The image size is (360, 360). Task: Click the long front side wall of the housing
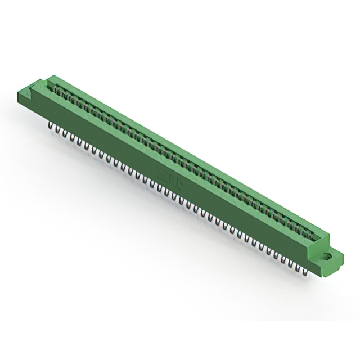coord(169,180)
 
